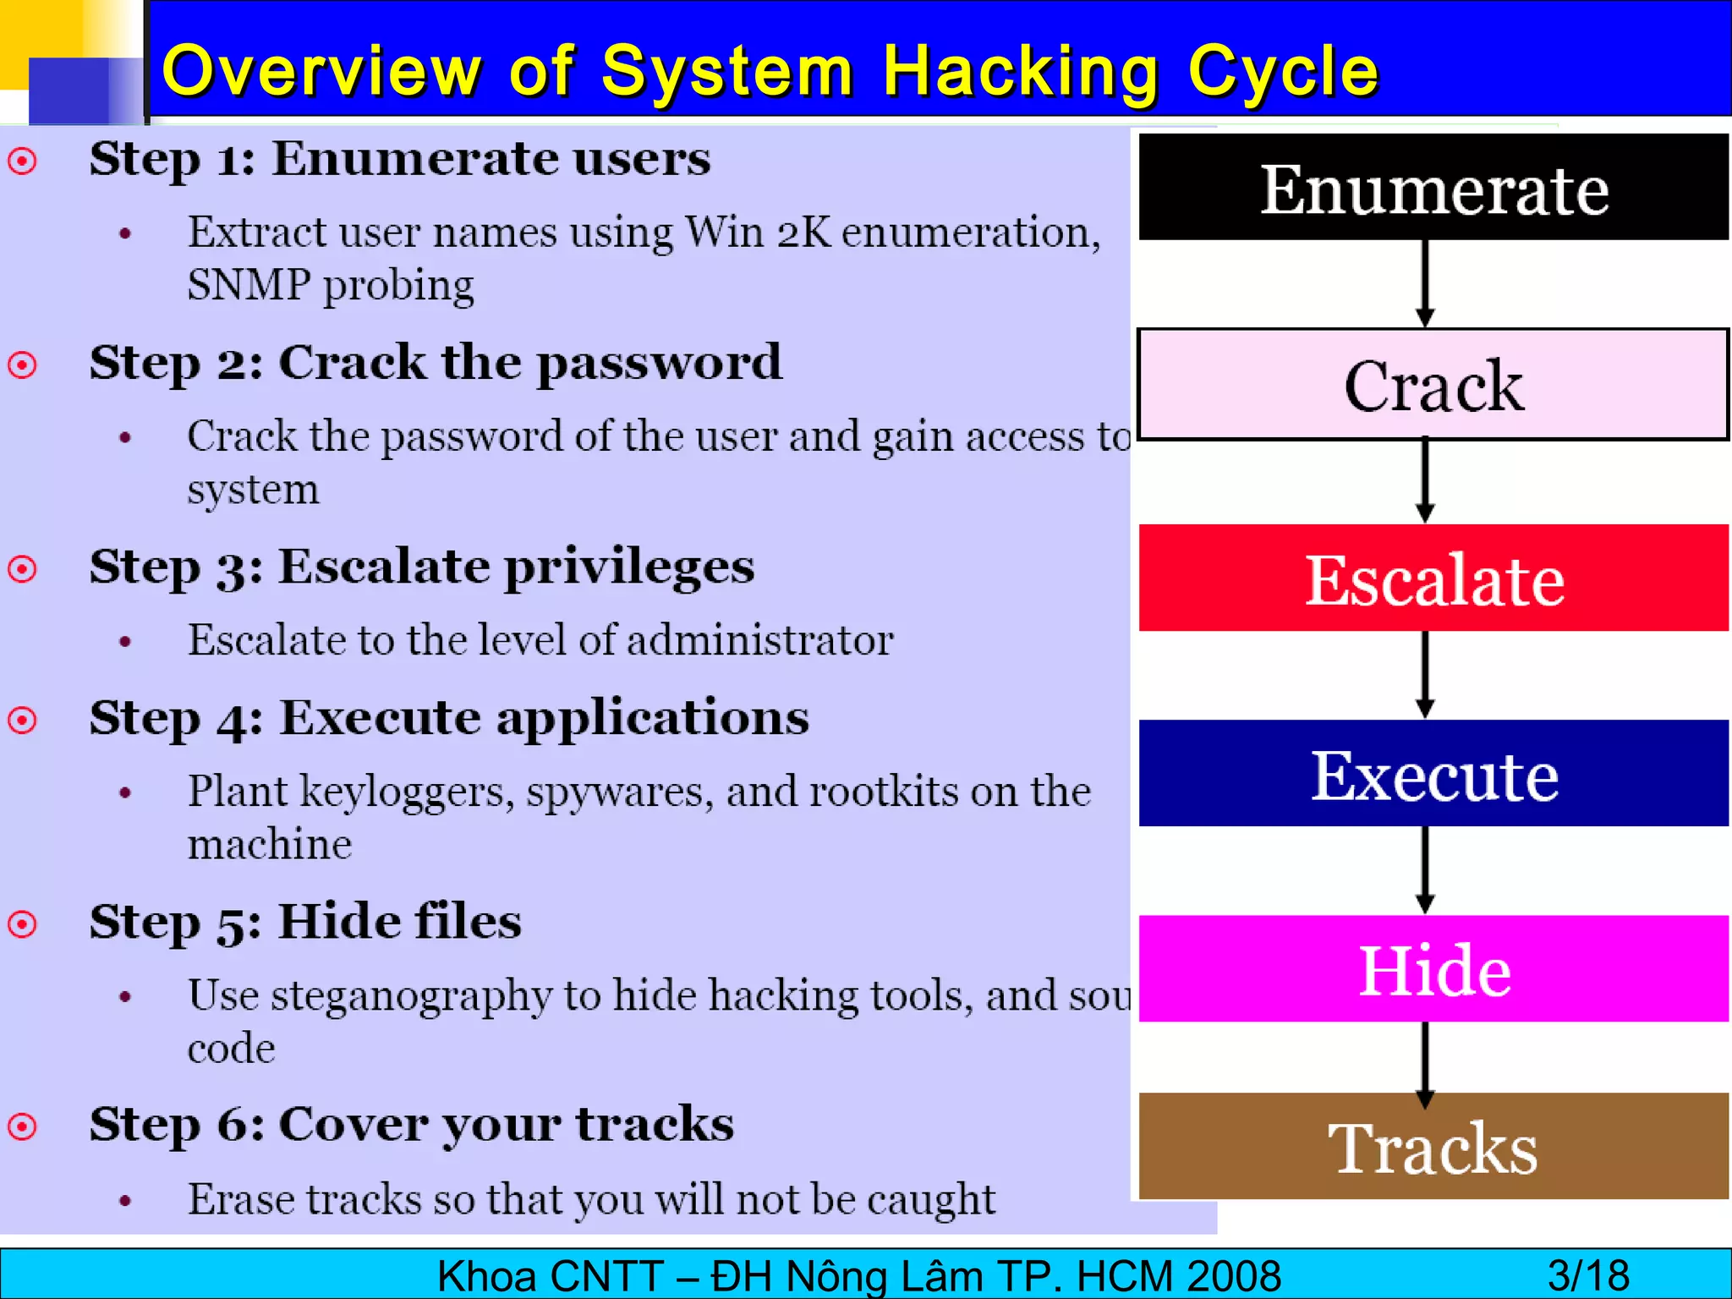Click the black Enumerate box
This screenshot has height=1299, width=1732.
pyautogui.click(x=1433, y=188)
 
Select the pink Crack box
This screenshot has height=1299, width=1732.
pyautogui.click(x=1433, y=385)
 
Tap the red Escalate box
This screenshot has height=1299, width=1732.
pyautogui.click(x=1433, y=578)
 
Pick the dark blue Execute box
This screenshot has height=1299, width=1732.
pyautogui.click(x=1433, y=773)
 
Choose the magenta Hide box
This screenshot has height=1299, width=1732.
pyautogui.click(x=1433, y=968)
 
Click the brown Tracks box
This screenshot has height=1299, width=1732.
pyautogui.click(x=1433, y=1147)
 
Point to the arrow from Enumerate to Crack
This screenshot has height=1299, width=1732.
pyautogui.click(x=1425, y=283)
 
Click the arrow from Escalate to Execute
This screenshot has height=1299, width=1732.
pyautogui.click(x=1425, y=674)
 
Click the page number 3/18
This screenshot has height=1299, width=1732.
pyautogui.click(x=1588, y=1275)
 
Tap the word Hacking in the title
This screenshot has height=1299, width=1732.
pyautogui.click(x=1021, y=72)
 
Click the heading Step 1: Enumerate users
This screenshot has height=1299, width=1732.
pyautogui.click(x=400, y=158)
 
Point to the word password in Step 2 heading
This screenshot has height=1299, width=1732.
pyautogui.click(x=659, y=364)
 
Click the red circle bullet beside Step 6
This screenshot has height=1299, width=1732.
pyautogui.click(x=23, y=1126)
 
